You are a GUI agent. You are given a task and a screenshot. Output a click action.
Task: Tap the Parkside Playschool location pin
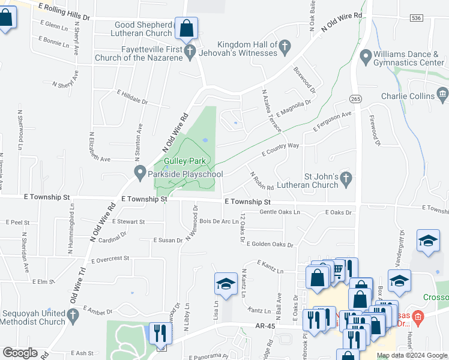pos(139,174)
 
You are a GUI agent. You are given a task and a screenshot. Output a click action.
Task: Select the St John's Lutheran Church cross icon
pos(345,178)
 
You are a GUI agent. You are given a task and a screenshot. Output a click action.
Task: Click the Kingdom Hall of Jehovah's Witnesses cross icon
pos(285,46)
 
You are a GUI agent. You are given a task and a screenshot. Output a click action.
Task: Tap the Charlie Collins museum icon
pos(442,94)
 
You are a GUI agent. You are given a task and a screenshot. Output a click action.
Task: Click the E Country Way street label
pos(280,149)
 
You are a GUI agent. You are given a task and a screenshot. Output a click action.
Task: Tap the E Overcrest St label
pos(110,259)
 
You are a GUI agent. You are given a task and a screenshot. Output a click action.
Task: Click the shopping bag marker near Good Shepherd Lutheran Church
pos(186,28)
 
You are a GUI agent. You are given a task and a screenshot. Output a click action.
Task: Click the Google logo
pos(20,353)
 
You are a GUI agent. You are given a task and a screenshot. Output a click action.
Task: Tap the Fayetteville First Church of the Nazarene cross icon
pos(190,51)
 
